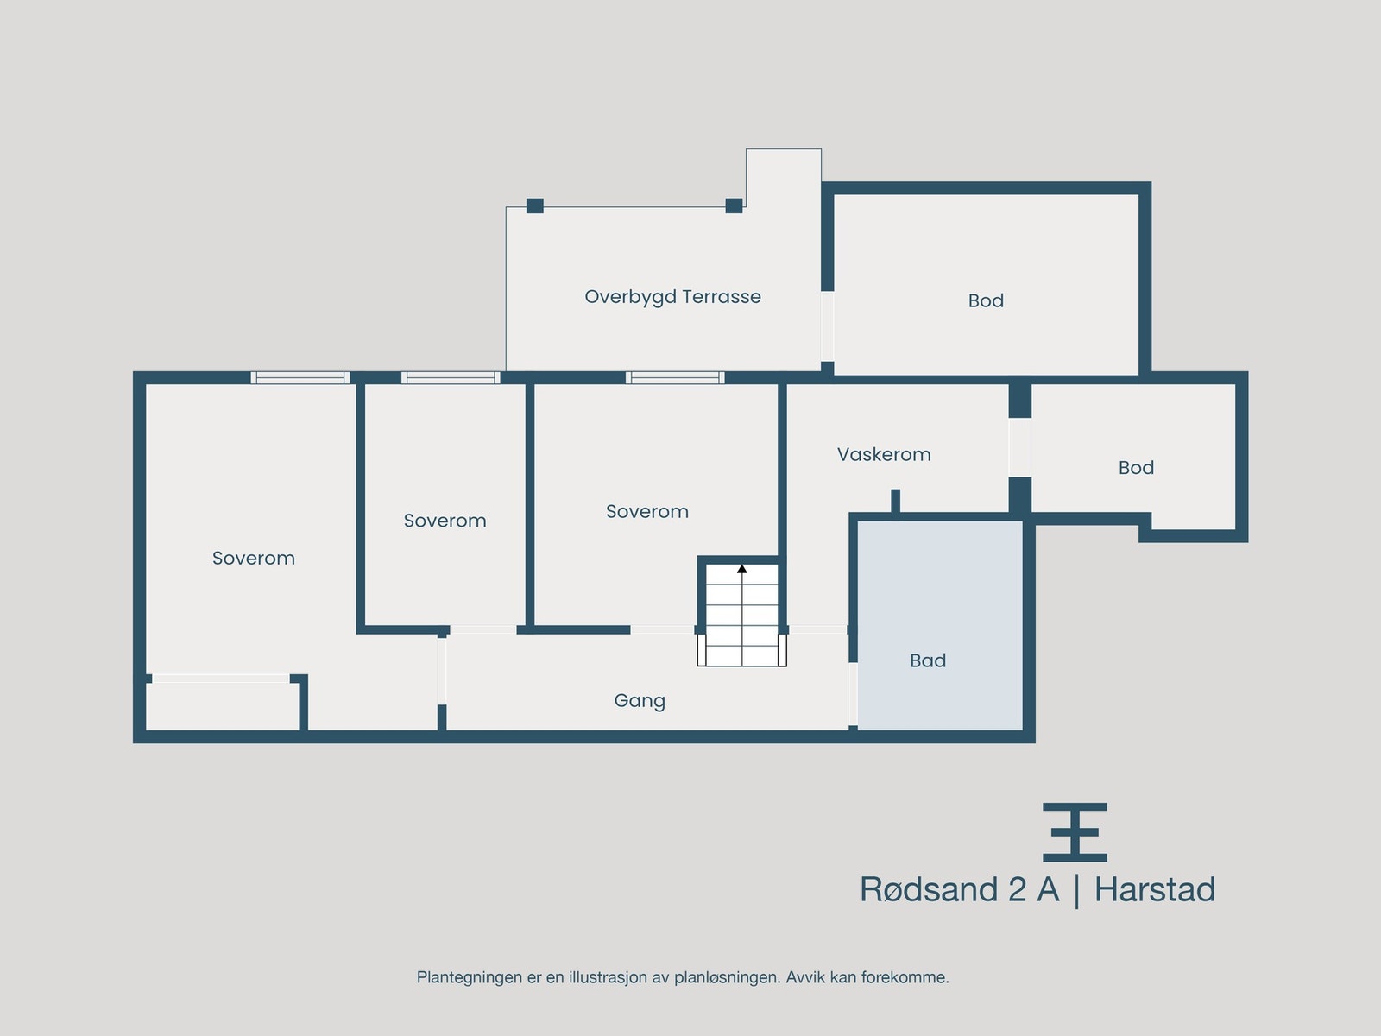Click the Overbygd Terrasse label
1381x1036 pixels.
672,297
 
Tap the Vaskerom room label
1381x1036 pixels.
884,454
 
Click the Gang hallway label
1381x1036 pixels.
640,700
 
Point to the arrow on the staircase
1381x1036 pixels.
742,568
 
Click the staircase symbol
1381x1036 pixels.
742,615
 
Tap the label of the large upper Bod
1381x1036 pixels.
986,300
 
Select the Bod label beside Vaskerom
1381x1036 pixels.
1136,467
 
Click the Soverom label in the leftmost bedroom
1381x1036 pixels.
254,558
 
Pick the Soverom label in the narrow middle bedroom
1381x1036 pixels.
445,521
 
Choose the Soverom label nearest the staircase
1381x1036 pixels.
647,511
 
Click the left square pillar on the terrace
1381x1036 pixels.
535,205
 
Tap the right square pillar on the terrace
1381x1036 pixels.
734,205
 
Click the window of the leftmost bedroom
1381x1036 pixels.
300,377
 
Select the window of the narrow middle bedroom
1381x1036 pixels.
451,377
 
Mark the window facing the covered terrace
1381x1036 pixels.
675,377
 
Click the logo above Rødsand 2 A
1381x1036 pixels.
1075,832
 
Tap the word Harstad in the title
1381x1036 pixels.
1155,890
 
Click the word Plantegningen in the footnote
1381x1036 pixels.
470,977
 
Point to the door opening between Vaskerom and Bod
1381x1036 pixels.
1019,447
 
